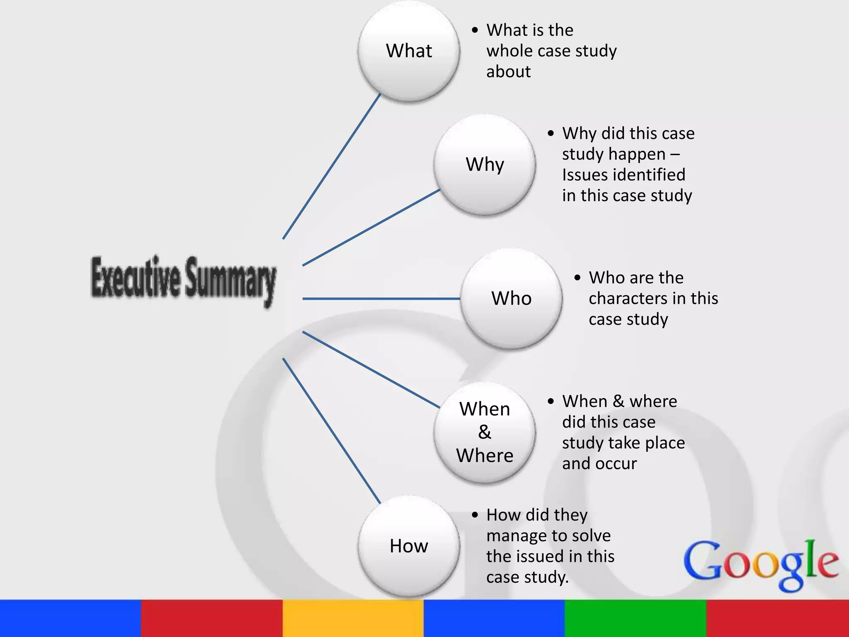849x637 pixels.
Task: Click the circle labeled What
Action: click(409, 51)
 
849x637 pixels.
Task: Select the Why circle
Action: click(485, 164)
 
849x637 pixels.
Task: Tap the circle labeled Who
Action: click(511, 298)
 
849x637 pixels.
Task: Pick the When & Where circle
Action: click(485, 432)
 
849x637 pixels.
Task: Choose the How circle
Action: click(409, 546)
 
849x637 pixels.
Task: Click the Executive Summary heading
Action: click(183, 279)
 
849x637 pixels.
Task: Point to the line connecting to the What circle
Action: click(332, 166)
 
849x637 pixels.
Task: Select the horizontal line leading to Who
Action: click(381, 299)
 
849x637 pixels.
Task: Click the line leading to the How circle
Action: click(332, 431)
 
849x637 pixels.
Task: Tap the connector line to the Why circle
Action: click(371, 228)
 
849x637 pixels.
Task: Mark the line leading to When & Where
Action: click(371, 370)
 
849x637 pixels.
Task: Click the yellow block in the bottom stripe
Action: click(353, 618)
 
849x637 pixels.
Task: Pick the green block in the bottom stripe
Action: click(635, 618)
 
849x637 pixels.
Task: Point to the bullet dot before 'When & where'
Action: click(551, 401)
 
